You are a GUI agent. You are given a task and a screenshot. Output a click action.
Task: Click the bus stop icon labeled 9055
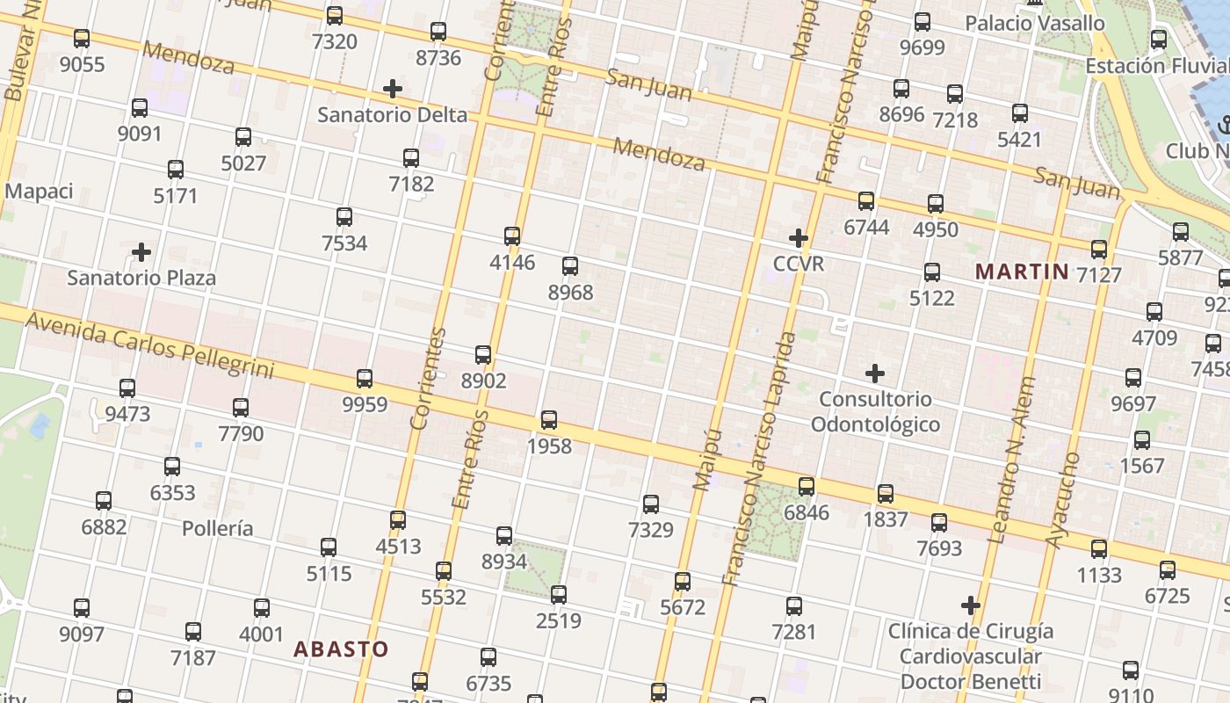click(x=82, y=39)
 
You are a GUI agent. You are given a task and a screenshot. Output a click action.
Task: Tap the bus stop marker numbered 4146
click(x=512, y=236)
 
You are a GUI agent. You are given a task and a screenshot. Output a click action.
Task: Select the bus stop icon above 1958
click(x=549, y=420)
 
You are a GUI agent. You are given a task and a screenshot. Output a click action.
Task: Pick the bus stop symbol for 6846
click(x=807, y=486)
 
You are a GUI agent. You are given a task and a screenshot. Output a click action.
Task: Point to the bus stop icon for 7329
click(x=651, y=504)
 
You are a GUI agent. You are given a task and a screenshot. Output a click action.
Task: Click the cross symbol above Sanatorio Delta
click(x=393, y=89)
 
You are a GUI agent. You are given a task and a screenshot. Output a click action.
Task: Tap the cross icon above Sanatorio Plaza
click(x=141, y=253)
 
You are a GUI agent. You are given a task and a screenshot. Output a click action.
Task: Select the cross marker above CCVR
click(x=799, y=238)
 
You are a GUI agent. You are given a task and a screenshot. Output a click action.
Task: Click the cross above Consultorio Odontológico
click(x=875, y=373)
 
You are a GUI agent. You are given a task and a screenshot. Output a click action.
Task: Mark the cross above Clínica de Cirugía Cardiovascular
click(x=971, y=605)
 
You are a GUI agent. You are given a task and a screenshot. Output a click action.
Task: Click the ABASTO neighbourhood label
click(x=341, y=649)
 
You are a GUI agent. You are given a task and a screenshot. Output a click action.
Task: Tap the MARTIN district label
click(x=1023, y=272)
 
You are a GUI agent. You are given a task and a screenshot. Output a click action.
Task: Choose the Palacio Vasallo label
click(x=1035, y=24)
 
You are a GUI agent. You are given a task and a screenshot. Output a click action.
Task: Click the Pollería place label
click(x=218, y=528)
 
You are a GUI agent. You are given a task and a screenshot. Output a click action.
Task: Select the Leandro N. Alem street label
click(x=1011, y=460)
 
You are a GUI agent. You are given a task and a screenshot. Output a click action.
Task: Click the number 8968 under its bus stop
click(x=570, y=293)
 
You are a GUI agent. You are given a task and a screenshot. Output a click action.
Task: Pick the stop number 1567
click(x=1142, y=466)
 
